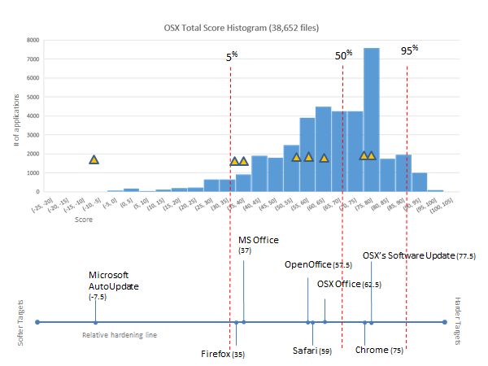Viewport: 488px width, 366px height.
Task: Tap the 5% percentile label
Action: tap(232, 57)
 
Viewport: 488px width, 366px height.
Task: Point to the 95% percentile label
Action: tap(409, 50)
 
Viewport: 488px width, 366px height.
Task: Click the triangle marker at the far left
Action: tap(94, 159)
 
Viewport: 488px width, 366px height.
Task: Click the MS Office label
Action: tap(258, 245)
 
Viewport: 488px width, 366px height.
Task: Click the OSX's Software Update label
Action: tap(419, 255)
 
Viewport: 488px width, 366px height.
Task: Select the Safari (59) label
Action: tap(312, 351)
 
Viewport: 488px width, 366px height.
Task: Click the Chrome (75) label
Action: tap(379, 351)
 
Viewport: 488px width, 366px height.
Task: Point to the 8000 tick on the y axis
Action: tap(33, 40)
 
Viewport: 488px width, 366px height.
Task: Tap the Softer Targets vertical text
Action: tap(20, 323)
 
